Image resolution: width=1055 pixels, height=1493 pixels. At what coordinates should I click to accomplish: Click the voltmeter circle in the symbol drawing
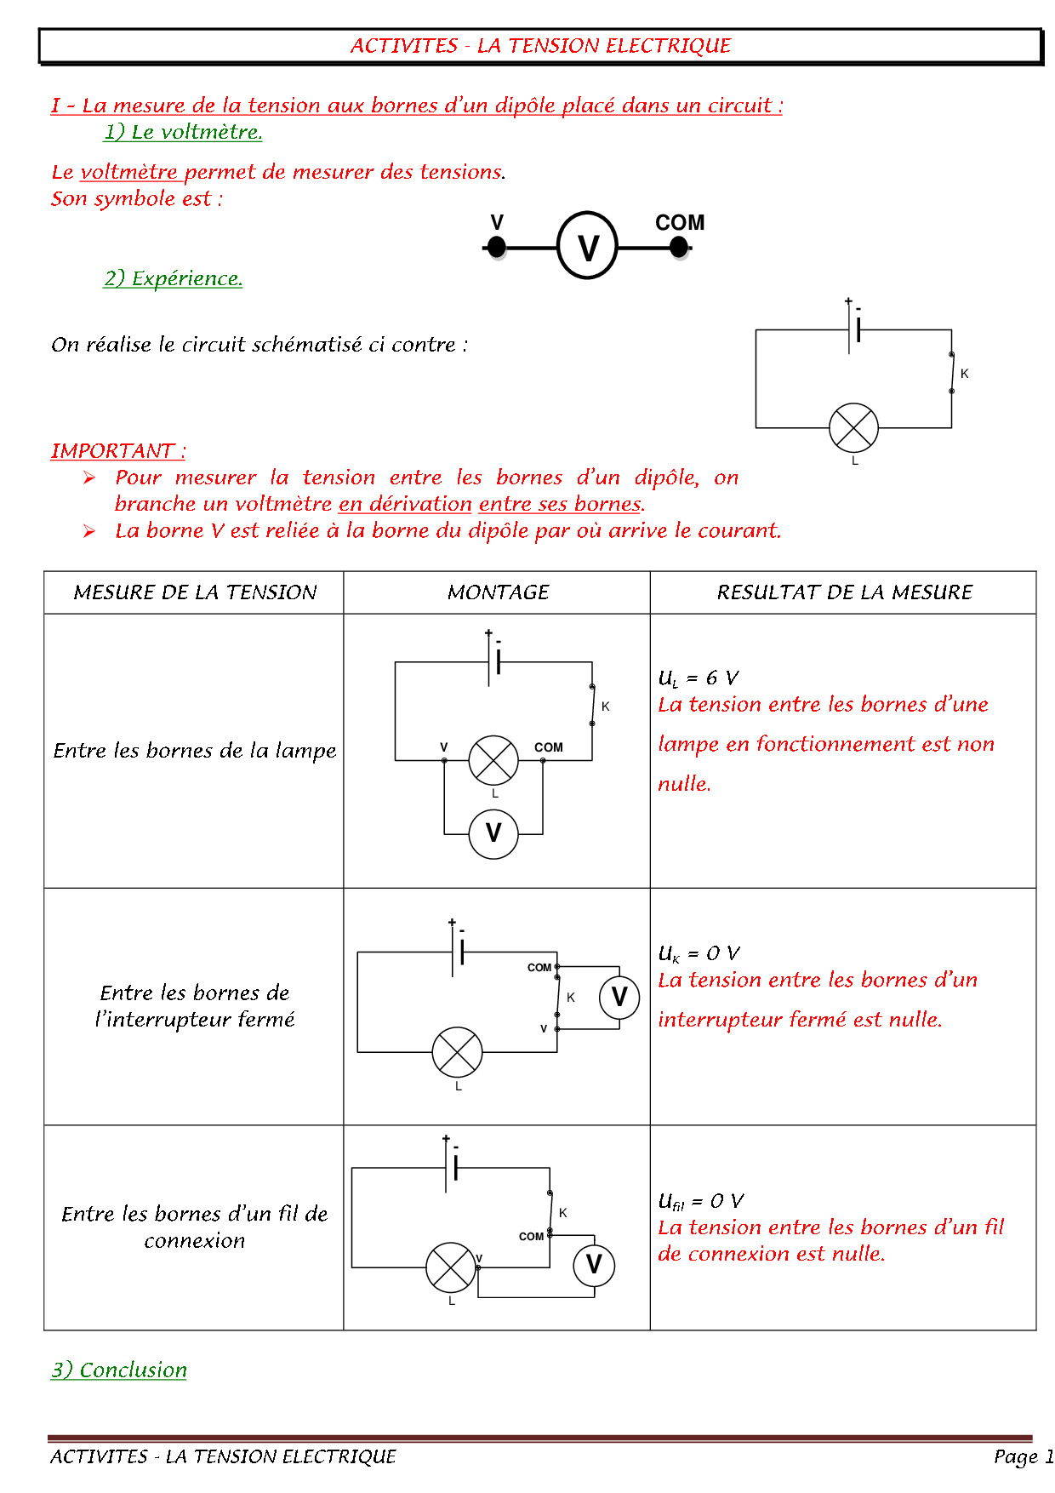coord(587,247)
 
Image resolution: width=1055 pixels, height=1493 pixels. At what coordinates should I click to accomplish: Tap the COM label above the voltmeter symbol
coord(679,223)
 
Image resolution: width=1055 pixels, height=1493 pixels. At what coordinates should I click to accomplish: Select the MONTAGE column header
coord(498,592)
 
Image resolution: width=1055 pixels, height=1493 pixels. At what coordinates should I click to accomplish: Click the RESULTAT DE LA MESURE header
coord(844,592)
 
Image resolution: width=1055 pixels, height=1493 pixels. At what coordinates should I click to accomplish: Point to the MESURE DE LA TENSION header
coord(195,592)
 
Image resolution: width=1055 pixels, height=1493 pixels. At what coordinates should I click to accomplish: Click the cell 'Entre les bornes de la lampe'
coord(195,751)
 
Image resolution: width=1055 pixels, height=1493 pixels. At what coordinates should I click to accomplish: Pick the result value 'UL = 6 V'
coord(698,678)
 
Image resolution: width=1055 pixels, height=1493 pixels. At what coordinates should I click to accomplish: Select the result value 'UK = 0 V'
coord(699,953)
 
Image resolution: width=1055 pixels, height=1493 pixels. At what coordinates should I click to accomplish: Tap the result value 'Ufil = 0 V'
coord(700,1201)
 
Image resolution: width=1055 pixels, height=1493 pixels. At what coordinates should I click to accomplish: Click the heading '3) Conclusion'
coord(119,1370)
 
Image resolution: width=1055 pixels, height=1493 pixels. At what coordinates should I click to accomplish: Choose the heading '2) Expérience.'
coord(174,278)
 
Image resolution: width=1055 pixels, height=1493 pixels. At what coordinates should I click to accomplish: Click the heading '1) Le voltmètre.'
coord(183,132)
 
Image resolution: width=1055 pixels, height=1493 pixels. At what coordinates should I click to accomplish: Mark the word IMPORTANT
coord(112,451)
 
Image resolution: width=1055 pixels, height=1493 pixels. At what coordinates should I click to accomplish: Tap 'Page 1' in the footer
coord(1023,1456)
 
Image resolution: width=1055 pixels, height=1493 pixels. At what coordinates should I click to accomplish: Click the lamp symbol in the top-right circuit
coord(853,427)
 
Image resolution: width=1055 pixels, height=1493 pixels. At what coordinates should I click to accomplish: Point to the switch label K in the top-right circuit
coord(964,374)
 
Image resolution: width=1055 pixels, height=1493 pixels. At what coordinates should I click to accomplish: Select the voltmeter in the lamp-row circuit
coord(493,833)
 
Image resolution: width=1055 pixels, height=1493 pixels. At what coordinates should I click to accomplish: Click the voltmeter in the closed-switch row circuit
coord(619,997)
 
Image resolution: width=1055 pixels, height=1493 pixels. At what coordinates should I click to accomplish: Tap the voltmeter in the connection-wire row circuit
coord(594,1265)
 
